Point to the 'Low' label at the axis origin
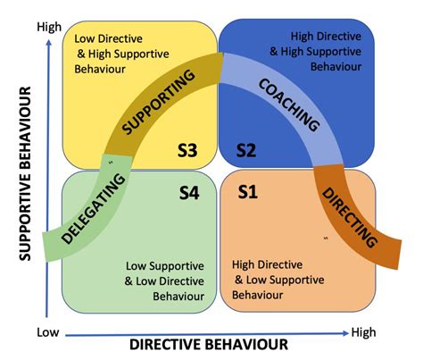(48, 331)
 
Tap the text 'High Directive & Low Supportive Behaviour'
(278, 280)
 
